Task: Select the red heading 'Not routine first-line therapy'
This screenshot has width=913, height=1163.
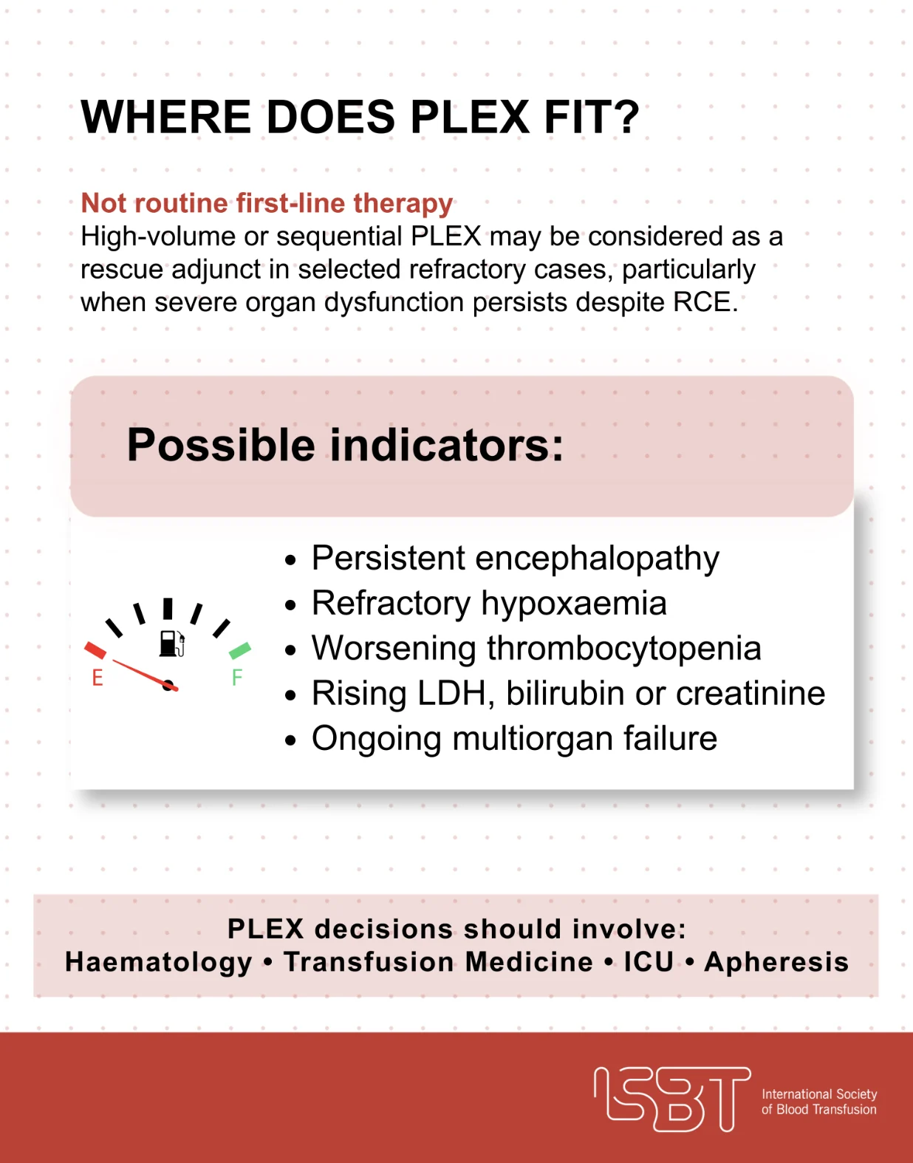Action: point(267,203)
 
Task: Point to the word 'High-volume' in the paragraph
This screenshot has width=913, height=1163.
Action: point(158,236)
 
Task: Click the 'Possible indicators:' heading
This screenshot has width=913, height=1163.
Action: point(345,446)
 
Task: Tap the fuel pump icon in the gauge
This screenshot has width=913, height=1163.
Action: point(172,643)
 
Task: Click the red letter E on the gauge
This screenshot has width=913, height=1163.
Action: point(98,678)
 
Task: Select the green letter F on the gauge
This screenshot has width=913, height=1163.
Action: point(237,678)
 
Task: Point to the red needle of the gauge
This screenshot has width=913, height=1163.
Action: point(145,675)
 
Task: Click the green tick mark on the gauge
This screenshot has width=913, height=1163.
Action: point(239,650)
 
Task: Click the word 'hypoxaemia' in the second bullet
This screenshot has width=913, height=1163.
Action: point(574,604)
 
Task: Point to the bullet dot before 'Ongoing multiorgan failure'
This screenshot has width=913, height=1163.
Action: point(290,740)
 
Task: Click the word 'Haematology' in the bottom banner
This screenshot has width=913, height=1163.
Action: point(158,963)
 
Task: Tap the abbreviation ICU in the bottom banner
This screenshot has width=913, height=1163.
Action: point(649,962)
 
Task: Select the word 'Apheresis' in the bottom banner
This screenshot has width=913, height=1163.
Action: point(776,963)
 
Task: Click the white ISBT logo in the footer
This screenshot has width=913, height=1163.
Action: point(672,1099)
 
